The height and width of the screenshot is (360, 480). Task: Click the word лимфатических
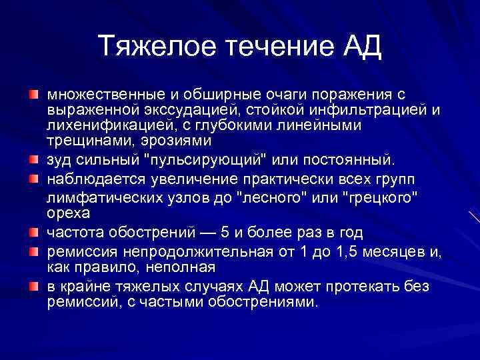107,198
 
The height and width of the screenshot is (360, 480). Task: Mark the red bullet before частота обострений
33,233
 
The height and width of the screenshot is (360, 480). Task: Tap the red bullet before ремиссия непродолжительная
33,252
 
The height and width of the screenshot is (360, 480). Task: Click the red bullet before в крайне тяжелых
33,287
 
